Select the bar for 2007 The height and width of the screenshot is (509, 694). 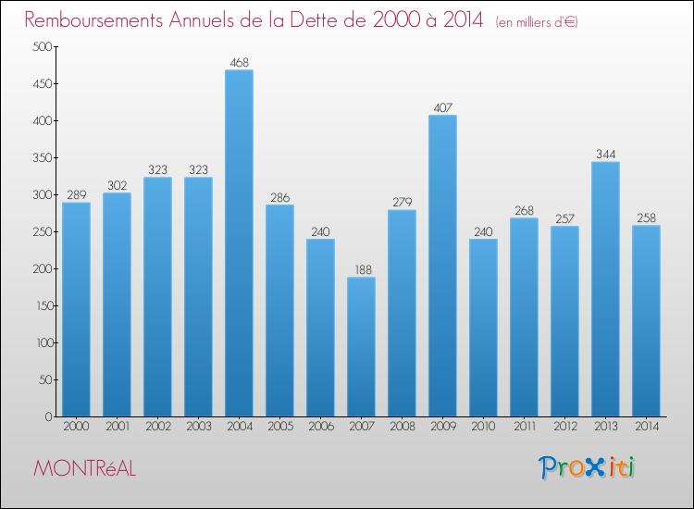361,347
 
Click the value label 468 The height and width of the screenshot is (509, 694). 239,62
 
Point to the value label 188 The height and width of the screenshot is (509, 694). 361,269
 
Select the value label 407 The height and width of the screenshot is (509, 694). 442,107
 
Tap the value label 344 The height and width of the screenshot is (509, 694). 605,155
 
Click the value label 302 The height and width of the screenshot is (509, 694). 117,185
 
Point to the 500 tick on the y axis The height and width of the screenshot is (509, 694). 41,47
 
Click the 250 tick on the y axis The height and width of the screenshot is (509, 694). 41,232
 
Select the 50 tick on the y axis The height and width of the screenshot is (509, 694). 43,380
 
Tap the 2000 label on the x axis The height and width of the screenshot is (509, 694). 76,428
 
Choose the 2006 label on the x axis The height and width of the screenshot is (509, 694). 320,428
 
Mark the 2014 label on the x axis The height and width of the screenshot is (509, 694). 646,428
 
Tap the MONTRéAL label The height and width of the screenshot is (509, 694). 84,469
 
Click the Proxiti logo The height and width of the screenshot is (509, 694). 588,467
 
